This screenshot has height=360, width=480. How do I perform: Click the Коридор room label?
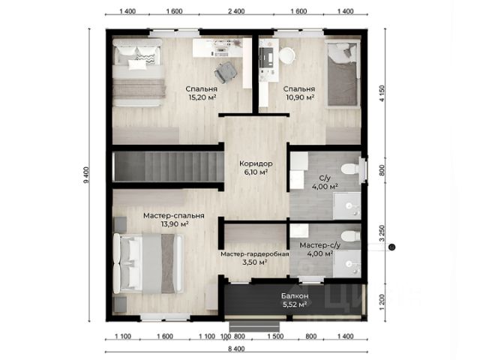[256, 163]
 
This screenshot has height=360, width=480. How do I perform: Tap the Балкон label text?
[295, 296]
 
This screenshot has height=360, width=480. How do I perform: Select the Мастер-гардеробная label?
[255, 254]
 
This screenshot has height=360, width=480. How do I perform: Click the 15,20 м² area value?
[202, 97]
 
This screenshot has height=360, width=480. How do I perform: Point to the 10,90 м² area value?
[300, 97]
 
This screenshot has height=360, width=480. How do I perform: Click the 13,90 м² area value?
[175, 224]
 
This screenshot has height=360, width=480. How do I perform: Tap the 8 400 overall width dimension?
[236, 349]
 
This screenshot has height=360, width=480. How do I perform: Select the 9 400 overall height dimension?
[86, 175]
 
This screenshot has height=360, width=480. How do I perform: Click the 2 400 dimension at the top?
[236, 11]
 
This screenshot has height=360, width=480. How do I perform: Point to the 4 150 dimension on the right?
[382, 94]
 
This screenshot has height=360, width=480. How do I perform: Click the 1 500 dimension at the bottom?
[275, 337]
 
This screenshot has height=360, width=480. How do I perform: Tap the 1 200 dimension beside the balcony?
[382, 303]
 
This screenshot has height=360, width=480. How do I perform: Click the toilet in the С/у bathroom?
[351, 169]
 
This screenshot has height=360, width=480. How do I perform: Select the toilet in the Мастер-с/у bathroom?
[351, 236]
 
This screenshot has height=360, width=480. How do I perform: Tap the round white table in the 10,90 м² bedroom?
[286, 55]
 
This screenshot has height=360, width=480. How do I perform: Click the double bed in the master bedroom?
[148, 263]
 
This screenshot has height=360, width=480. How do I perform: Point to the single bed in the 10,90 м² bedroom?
[342, 74]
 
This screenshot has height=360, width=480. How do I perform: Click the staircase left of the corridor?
[168, 166]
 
